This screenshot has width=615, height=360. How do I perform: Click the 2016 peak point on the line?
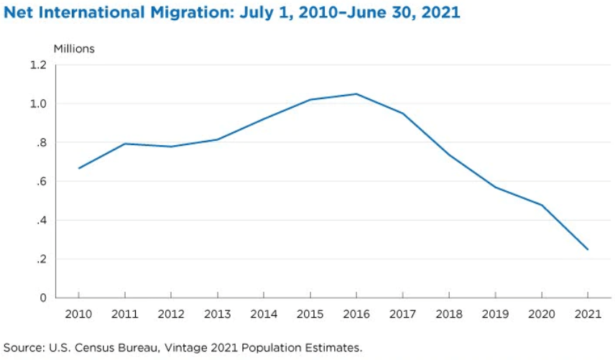(356, 94)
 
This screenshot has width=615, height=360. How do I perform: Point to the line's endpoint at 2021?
(588, 249)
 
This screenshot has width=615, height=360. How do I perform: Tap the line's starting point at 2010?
(79, 168)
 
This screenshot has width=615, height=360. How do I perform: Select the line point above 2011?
(125, 144)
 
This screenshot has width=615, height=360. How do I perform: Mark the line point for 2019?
(495, 188)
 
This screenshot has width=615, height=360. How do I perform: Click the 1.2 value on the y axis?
(39, 65)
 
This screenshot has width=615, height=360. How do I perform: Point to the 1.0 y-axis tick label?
(39, 103)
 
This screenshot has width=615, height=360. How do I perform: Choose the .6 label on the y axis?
(41, 181)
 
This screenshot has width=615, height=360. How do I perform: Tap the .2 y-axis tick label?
(41, 259)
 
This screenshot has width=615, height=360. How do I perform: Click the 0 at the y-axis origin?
(44, 297)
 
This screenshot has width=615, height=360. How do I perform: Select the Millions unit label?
(74, 48)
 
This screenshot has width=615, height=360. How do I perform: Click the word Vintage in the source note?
(186, 348)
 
